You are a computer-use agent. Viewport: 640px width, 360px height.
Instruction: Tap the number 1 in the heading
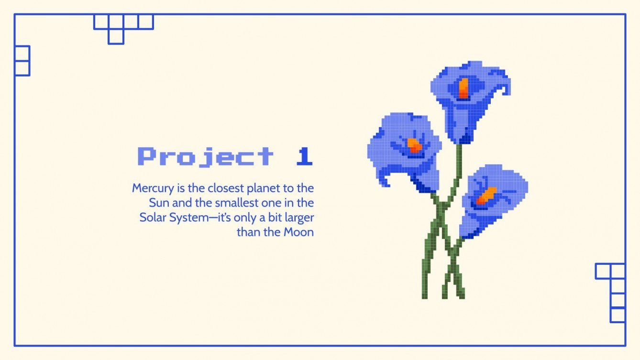[304, 157]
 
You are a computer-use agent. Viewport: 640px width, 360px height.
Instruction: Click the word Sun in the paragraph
[159, 203]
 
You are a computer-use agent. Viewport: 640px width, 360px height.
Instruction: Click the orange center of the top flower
[463, 88]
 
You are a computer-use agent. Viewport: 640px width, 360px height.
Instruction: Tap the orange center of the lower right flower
[487, 195]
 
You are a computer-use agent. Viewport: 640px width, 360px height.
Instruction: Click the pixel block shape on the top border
[123, 27]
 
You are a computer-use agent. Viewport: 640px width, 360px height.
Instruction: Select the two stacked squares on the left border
[22, 61]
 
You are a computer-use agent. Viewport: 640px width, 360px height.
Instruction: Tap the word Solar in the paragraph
[153, 218]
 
